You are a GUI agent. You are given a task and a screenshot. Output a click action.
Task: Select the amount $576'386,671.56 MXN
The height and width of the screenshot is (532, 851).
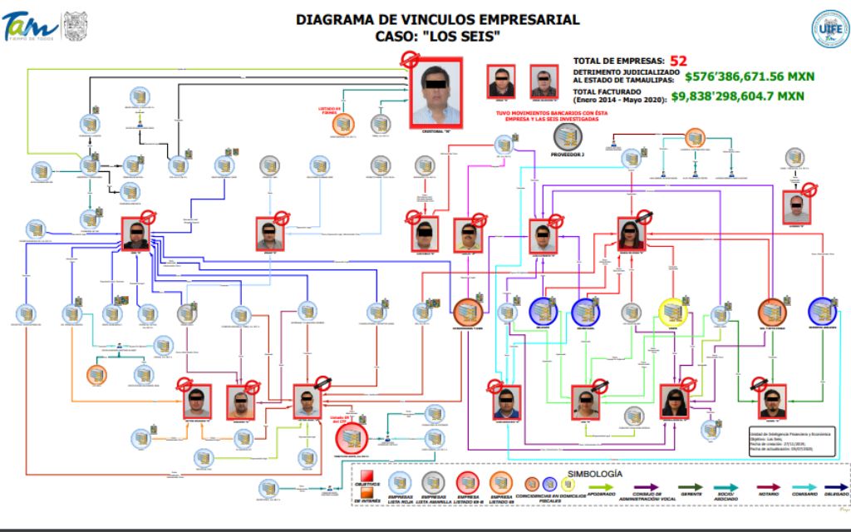pyautogui.click(x=749, y=76)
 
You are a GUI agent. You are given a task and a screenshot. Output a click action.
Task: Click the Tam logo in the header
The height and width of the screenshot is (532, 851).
pyautogui.click(x=30, y=27)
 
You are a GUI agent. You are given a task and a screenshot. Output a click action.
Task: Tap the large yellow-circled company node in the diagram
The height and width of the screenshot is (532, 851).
pyautogui.click(x=672, y=311)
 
